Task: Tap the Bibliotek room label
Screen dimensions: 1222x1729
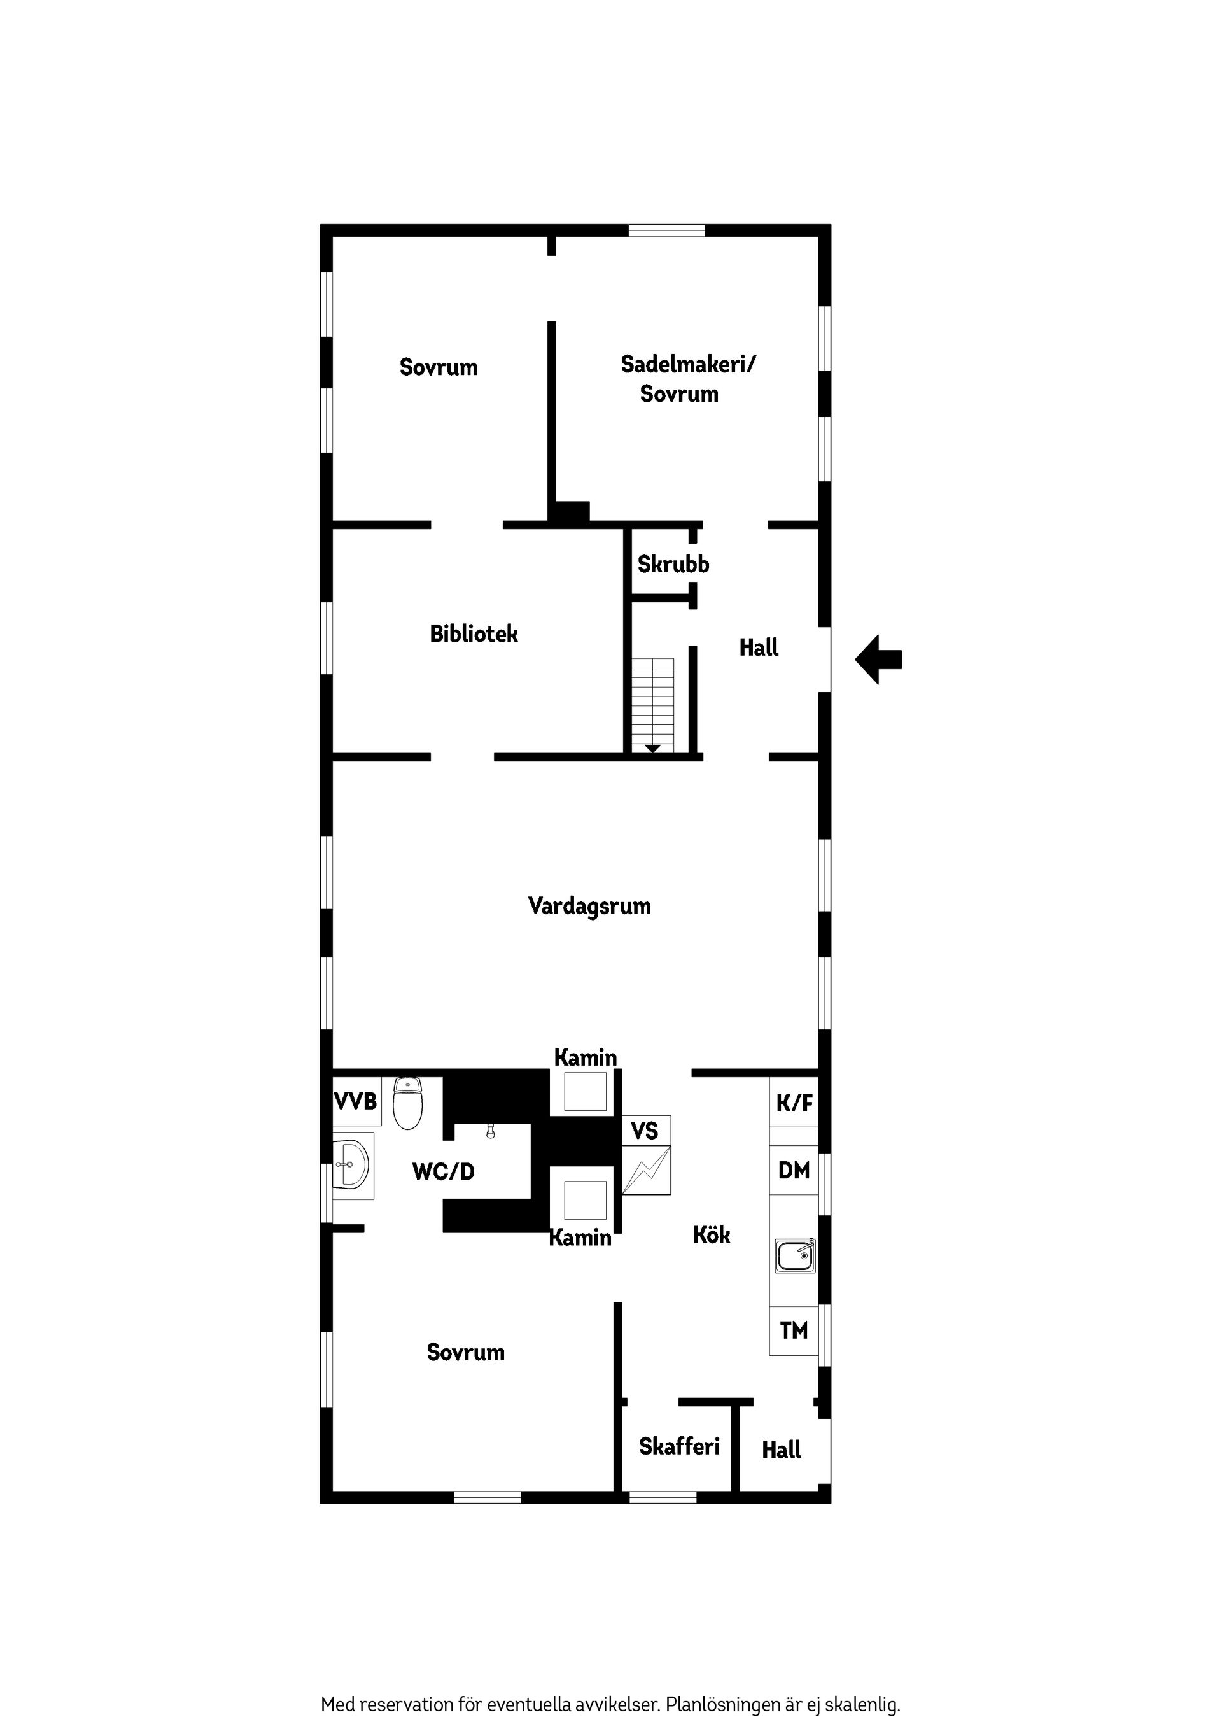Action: [474, 634]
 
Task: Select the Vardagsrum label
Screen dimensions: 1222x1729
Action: [589, 906]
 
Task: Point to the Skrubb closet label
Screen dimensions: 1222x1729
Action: [673, 564]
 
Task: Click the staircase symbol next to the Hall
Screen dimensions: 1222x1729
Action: [653, 705]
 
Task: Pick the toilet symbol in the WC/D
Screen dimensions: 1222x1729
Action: [408, 1103]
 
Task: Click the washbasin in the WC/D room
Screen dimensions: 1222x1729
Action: [351, 1164]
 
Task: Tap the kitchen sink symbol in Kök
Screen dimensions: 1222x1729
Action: [795, 1256]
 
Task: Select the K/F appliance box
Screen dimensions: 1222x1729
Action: [794, 1103]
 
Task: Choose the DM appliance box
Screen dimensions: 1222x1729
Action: [794, 1170]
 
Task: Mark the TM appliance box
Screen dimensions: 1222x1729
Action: [794, 1330]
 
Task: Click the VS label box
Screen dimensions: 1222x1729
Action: [646, 1131]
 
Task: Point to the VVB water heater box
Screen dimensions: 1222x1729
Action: [356, 1102]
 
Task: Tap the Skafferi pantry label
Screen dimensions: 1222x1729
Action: [679, 1446]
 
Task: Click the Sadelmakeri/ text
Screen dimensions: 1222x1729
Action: [688, 365]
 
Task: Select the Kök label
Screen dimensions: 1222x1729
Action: [712, 1235]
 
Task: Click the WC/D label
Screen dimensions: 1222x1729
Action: [444, 1172]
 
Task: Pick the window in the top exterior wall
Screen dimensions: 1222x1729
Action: [667, 230]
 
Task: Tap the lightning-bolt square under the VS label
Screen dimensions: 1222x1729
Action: [646, 1170]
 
